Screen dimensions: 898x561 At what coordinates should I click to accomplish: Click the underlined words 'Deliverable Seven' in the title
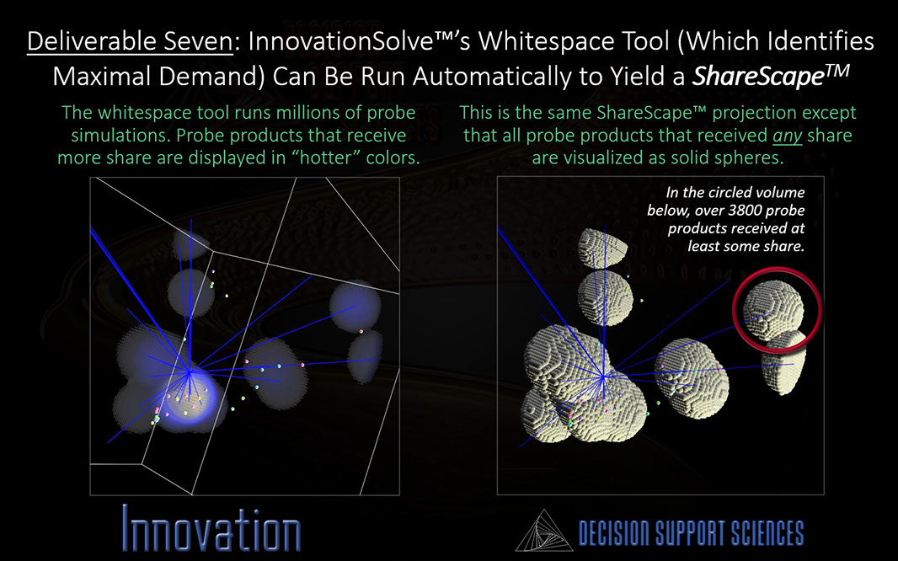click(x=130, y=42)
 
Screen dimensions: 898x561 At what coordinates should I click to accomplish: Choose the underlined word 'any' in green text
click(x=787, y=136)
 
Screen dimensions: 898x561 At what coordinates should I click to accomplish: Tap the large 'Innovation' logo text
click(x=211, y=528)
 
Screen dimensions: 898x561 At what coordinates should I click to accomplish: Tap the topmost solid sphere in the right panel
click(x=602, y=248)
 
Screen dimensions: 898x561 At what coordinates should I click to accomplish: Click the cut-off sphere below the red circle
click(x=783, y=362)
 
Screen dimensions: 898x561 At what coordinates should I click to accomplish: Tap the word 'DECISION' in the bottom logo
click(x=612, y=533)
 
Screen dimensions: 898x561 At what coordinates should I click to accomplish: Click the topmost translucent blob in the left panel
click(x=190, y=245)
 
